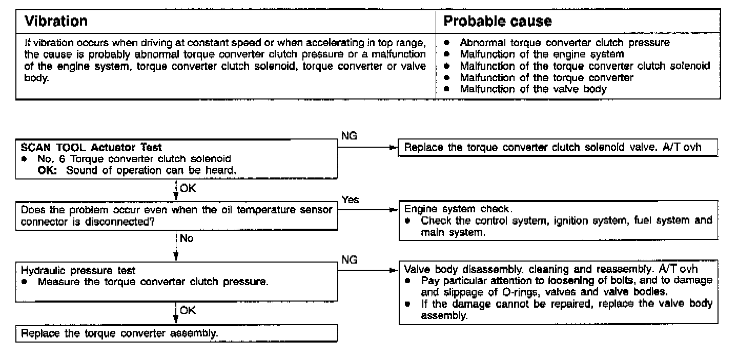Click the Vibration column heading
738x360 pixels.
56,22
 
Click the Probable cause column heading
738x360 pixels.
497,22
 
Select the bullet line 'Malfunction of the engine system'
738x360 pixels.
542,54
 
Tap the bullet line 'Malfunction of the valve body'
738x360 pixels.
533,89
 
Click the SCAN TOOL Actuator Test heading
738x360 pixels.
92,148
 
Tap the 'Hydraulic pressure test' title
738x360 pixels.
78,270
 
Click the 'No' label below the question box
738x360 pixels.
187,238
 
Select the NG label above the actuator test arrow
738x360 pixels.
349,136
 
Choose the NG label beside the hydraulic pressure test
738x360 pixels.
349,260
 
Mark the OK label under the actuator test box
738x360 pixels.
188,188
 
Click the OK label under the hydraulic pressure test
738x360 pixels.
188,310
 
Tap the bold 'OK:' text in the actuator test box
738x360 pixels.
50,171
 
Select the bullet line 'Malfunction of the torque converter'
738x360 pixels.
546,77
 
